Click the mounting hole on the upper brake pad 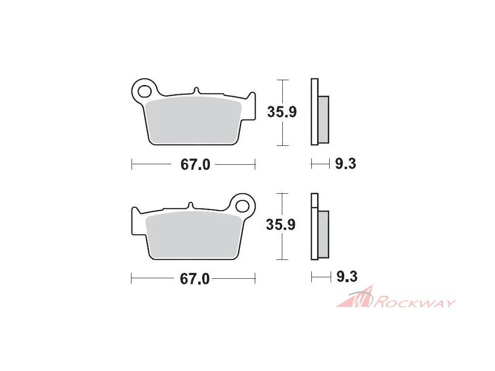pyautogui.click(x=144, y=91)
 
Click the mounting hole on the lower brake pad pyautogui.click(x=243, y=206)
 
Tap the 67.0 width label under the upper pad pyautogui.click(x=195, y=165)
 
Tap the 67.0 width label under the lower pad pyautogui.click(x=194, y=279)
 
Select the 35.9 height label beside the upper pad pyautogui.click(x=282, y=112)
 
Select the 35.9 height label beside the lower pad pyautogui.click(x=281, y=225)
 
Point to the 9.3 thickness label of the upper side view pyautogui.click(x=345, y=164)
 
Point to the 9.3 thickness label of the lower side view pyautogui.click(x=347, y=276)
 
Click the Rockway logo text pyautogui.click(x=414, y=302)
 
